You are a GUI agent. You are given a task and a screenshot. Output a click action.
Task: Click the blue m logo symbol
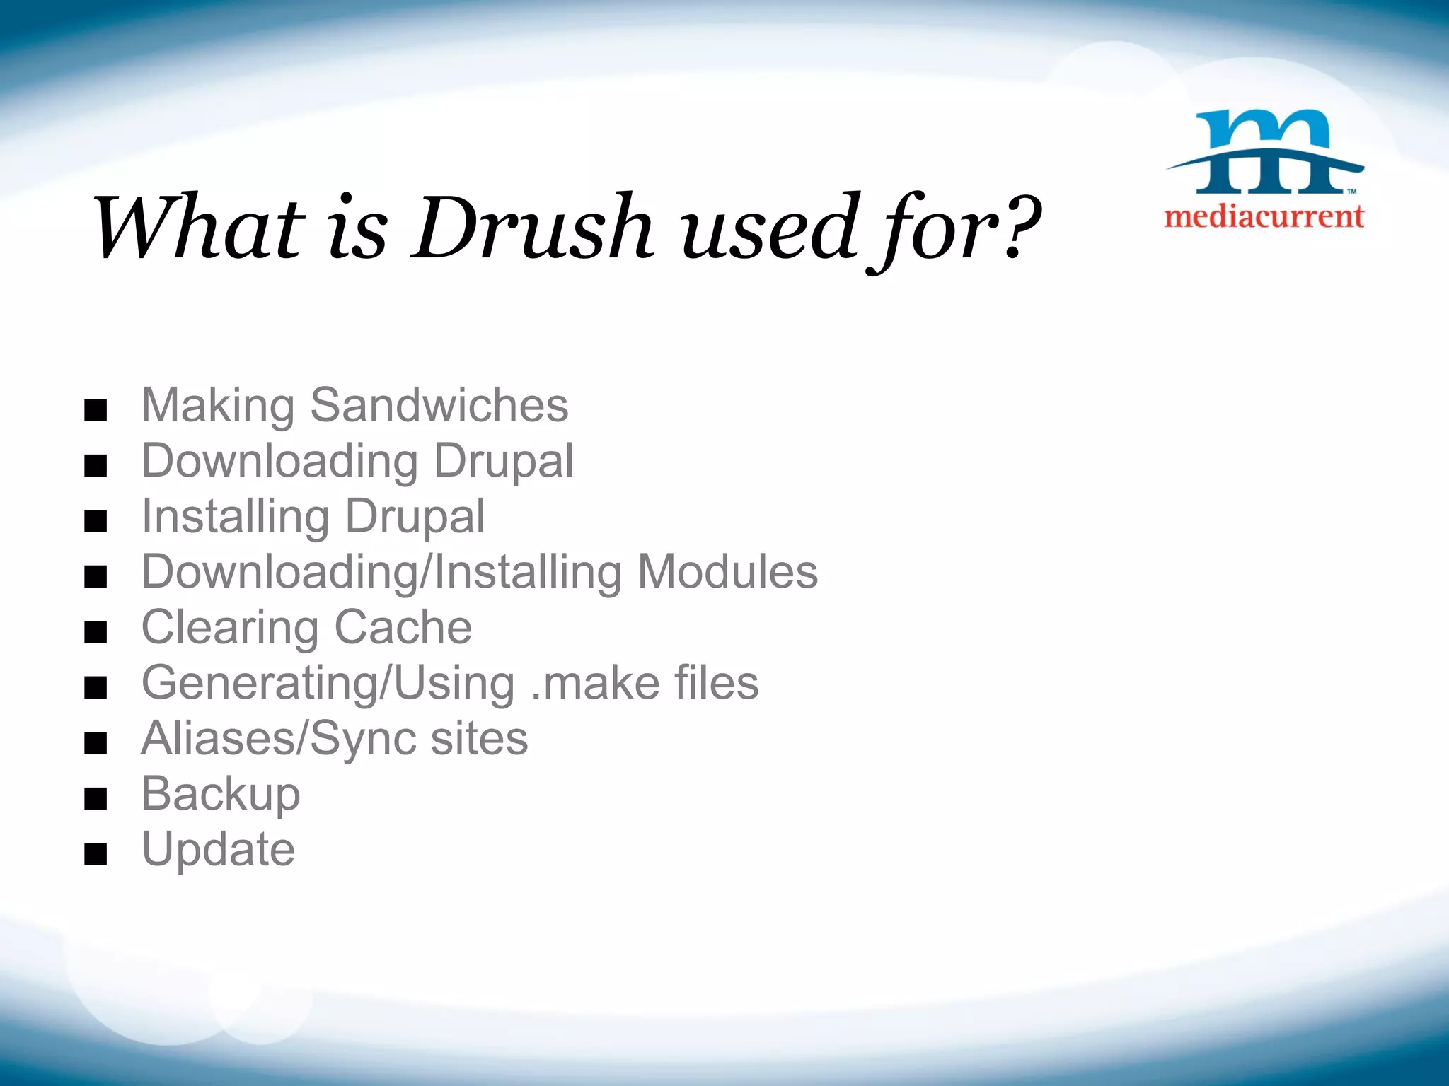click(x=1265, y=152)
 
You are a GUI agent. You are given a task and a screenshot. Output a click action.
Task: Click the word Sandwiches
click(x=439, y=406)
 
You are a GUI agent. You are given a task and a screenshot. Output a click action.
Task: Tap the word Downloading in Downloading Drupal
click(x=280, y=462)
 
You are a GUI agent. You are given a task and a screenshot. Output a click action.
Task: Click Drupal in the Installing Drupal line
click(x=415, y=517)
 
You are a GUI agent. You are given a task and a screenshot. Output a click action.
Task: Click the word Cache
click(x=403, y=627)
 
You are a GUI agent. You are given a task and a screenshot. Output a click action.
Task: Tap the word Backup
click(x=221, y=795)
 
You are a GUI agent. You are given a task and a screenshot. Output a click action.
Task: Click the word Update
click(x=218, y=849)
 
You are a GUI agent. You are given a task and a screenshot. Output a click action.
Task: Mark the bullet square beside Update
click(x=96, y=854)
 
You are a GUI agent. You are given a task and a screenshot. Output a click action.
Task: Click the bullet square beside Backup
click(x=96, y=799)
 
